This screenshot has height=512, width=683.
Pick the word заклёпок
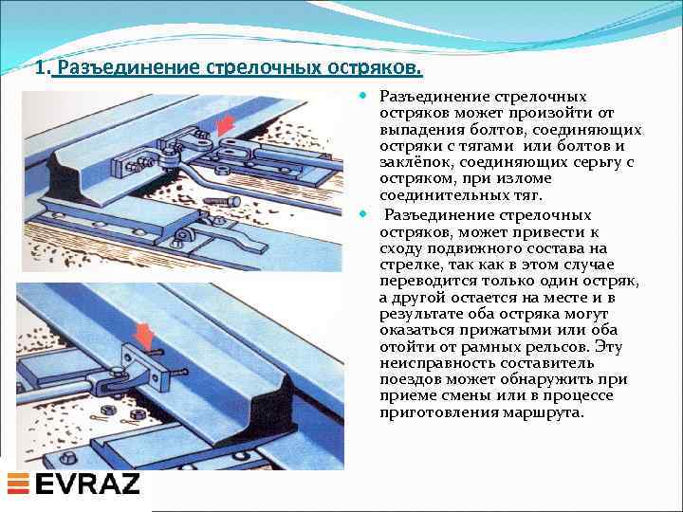[x=414, y=162]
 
